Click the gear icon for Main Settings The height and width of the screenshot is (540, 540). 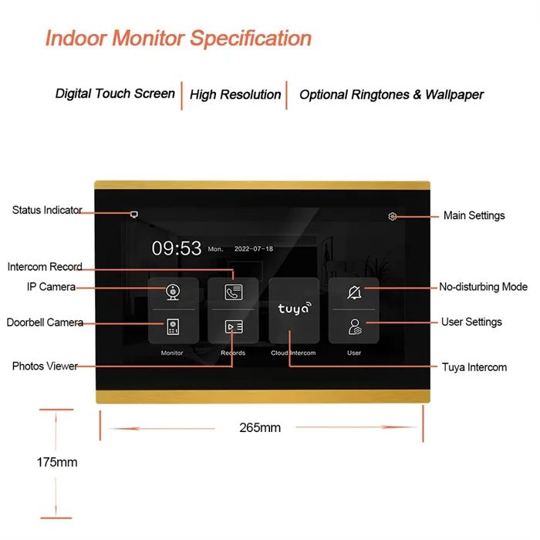(x=392, y=216)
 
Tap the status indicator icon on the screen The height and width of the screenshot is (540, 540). (x=134, y=214)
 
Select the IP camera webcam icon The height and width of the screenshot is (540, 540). (x=173, y=292)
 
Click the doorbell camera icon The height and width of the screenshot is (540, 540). (x=173, y=326)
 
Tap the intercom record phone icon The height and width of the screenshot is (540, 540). (x=234, y=292)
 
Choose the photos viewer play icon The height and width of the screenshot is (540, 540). (x=234, y=326)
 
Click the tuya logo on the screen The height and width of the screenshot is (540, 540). (x=295, y=309)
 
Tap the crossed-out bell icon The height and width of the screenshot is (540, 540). (x=354, y=292)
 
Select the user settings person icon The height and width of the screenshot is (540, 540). (x=355, y=327)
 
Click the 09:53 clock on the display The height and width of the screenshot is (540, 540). (x=177, y=248)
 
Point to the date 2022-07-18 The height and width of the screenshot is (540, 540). (x=254, y=248)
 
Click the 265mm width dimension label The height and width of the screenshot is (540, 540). (x=260, y=427)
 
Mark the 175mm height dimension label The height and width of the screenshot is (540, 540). (x=57, y=462)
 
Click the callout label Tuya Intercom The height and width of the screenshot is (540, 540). (x=474, y=367)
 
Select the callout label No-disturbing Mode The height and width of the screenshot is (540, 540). (x=483, y=286)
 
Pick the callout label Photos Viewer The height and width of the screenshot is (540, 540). (x=45, y=366)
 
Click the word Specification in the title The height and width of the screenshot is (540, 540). (x=251, y=38)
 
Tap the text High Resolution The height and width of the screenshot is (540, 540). (x=235, y=94)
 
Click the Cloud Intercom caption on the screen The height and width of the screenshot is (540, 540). (x=293, y=353)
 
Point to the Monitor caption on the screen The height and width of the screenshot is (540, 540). (x=172, y=353)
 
